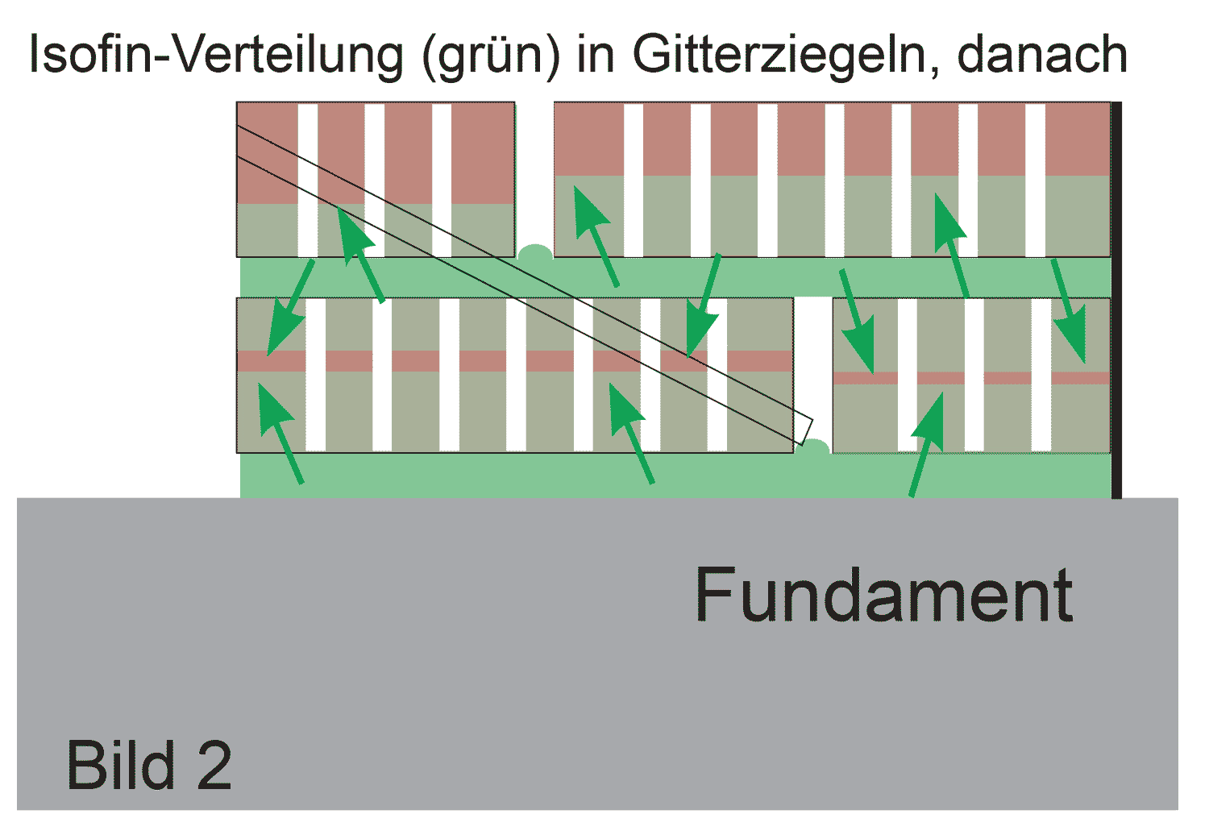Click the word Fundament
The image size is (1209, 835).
[883, 595]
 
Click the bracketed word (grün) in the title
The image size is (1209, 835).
[490, 56]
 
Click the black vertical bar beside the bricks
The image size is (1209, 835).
[1116, 298]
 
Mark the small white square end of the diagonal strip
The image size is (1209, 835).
[804, 430]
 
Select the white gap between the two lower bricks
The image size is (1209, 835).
[812, 363]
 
